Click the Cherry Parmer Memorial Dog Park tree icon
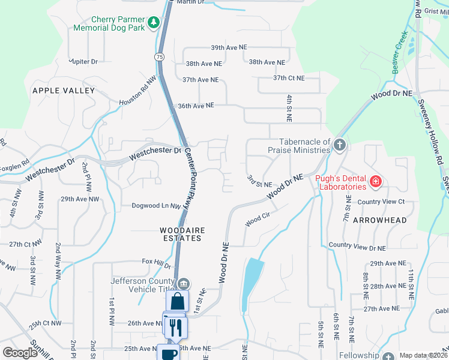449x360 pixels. point(154,22)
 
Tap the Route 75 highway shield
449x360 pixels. point(158,56)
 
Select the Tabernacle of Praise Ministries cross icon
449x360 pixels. point(340,145)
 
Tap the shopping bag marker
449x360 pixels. point(177,301)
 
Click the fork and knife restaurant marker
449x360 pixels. point(176,327)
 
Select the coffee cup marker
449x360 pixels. point(169,353)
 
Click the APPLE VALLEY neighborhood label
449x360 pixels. point(64,91)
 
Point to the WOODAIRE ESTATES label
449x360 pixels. point(180,234)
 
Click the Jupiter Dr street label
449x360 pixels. point(83,61)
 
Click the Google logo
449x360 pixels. point(20,353)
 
